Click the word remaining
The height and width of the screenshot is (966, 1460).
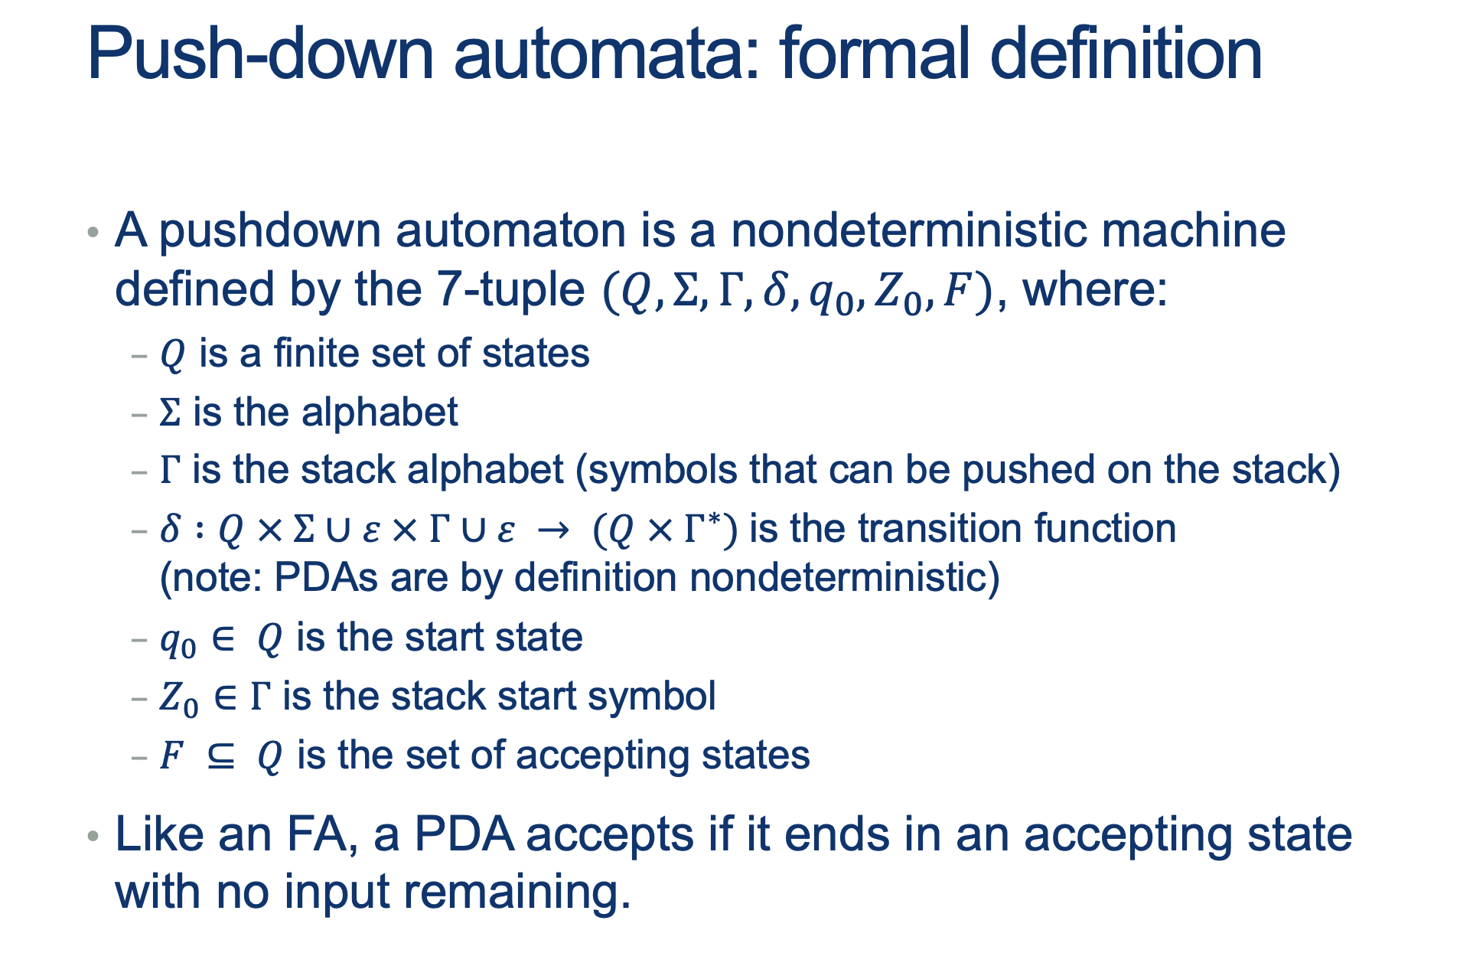tap(517, 894)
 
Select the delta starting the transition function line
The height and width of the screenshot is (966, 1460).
tap(170, 529)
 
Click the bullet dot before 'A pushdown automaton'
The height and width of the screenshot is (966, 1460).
tap(93, 231)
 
